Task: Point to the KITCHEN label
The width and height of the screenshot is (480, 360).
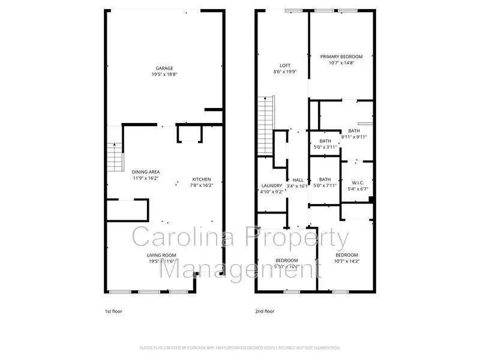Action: coord(201,179)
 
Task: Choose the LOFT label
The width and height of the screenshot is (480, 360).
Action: coord(285,65)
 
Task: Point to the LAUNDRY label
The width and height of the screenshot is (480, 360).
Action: coord(272,185)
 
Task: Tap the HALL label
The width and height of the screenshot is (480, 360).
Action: coord(298,179)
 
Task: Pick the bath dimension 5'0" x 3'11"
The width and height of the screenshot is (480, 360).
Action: coord(325,146)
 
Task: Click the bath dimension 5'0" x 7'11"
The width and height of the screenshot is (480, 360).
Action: coord(325,185)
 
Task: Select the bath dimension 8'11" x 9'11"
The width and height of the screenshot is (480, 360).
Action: coord(354,137)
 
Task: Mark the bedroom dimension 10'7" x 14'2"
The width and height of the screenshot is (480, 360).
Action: coord(347,260)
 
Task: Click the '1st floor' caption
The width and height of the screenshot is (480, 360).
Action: coord(113,311)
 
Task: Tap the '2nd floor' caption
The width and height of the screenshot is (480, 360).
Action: coord(265,311)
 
